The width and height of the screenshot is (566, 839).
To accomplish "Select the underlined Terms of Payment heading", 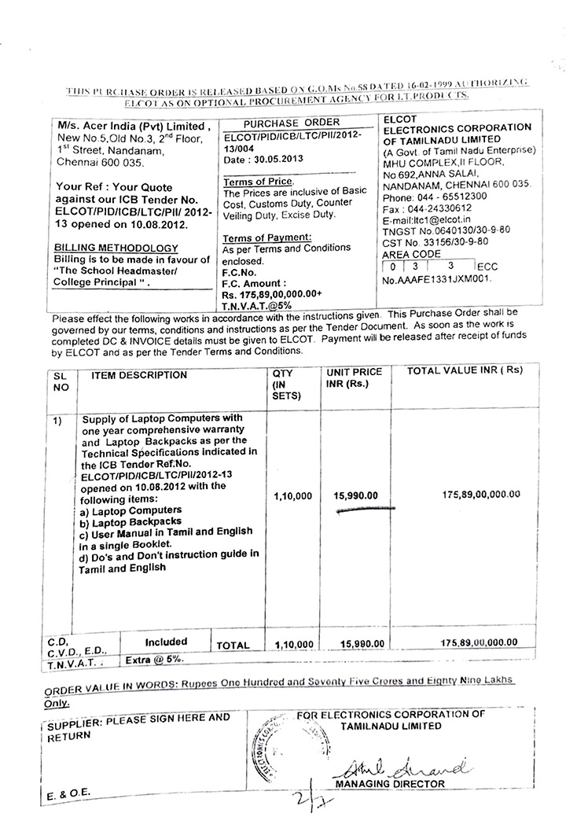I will click(267, 237).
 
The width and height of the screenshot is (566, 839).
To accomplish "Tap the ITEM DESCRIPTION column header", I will click(139, 375).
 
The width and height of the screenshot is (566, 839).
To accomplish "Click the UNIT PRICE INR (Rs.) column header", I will click(354, 377).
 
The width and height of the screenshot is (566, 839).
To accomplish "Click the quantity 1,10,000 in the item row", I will click(294, 496).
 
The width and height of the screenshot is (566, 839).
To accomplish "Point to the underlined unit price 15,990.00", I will click(356, 495).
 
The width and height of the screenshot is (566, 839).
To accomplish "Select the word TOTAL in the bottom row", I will click(233, 645).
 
